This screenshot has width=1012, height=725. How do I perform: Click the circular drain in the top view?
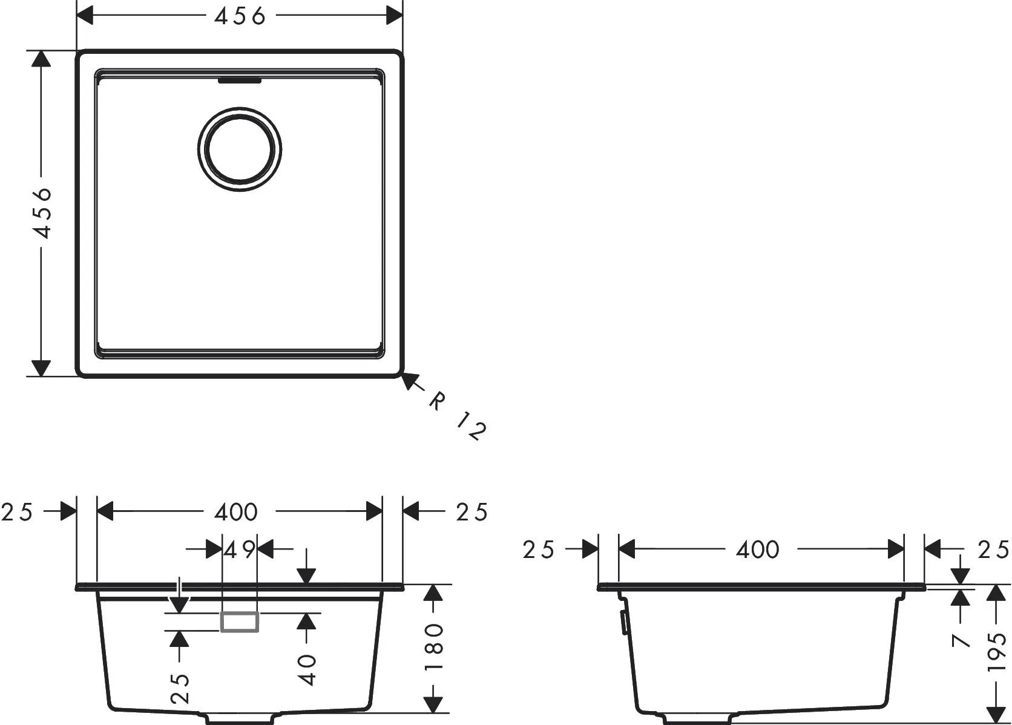[x=240, y=148]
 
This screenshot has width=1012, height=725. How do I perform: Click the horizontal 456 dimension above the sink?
[x=240, y=16]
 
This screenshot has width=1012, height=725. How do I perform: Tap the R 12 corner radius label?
[x=457, y=416]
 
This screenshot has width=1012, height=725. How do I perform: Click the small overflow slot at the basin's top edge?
[x=240, y=79]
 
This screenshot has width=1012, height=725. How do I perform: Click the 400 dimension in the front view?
[x=236, y=513]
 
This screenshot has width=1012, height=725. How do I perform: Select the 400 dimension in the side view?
[x=758, y=549]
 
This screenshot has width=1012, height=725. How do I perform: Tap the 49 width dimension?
[x=240, y=550]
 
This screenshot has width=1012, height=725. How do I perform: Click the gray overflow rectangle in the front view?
[x=240, y=622]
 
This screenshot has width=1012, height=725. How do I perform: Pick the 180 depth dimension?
[x=435, y=648]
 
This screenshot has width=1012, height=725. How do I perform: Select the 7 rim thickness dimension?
[x=961, y=639]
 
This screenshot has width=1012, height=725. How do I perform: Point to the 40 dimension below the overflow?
[x=308, y=669]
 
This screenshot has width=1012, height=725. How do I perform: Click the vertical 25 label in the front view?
[x=180, y=688]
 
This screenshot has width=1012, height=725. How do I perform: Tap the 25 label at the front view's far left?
[x=17, y=513]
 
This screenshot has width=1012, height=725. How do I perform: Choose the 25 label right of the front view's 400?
[x=471, y=513]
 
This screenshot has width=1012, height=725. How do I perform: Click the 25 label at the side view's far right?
[x=994, y=549]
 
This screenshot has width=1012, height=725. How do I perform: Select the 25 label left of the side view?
[x=538, y=549]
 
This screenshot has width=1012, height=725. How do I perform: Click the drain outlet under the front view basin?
[x=240, y=719]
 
